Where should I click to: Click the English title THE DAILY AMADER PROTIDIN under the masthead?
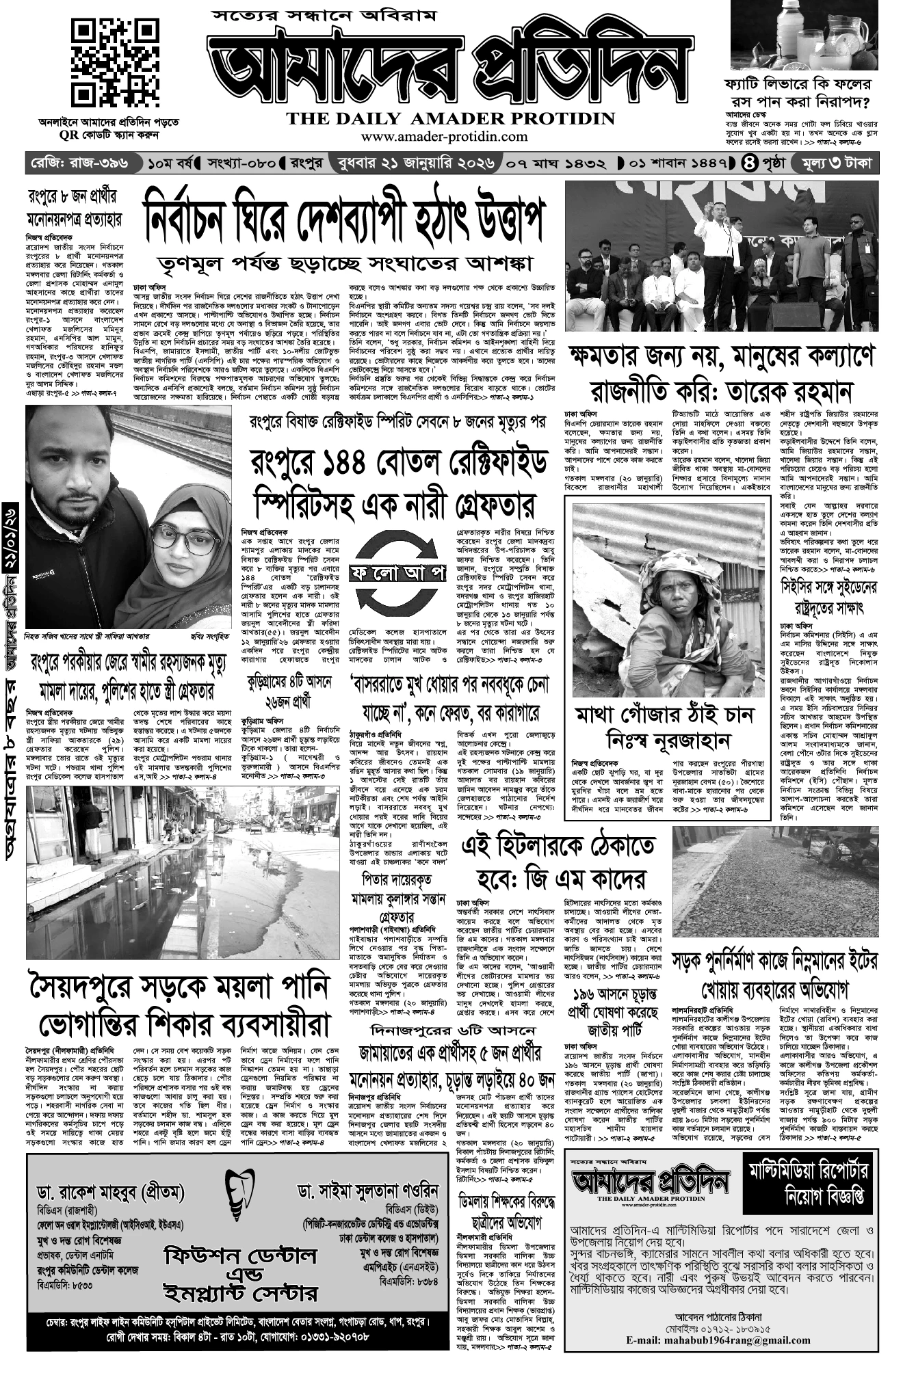[451, 119]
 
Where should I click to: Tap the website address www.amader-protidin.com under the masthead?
[445, 137]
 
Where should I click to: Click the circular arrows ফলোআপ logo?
[396, 573]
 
